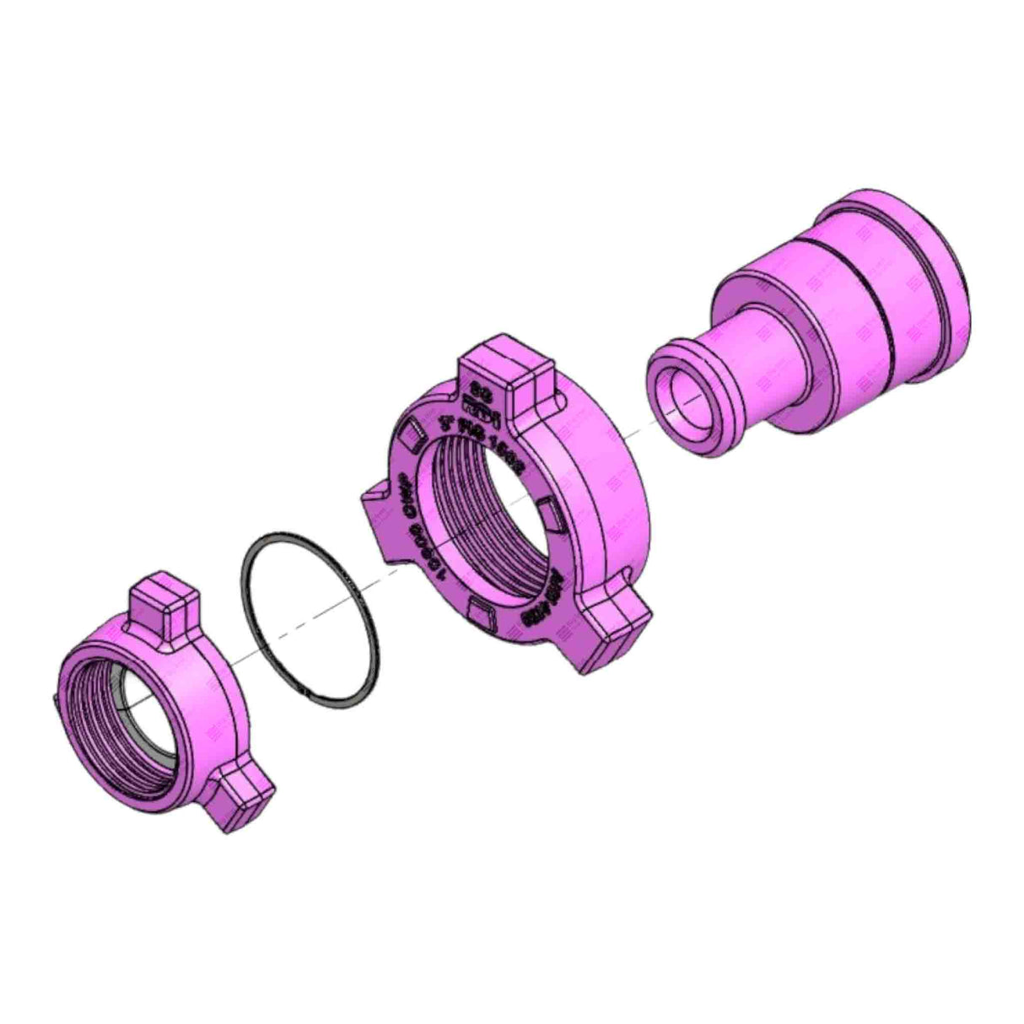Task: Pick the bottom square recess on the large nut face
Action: click(x=480, y=613)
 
